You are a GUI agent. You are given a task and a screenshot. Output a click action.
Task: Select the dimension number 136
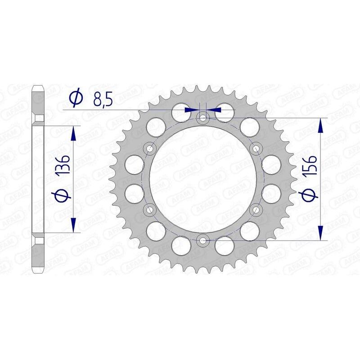pos(63,166)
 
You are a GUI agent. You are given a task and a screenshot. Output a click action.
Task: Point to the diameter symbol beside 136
pos(63,197)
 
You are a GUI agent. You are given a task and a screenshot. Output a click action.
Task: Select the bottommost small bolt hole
pos(202,240)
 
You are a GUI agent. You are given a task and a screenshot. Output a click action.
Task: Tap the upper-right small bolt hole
pos(256,148)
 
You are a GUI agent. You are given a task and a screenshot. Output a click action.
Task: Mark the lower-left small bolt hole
pos(149,210)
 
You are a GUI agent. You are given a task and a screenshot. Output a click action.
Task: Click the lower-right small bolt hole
pos(256,210)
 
